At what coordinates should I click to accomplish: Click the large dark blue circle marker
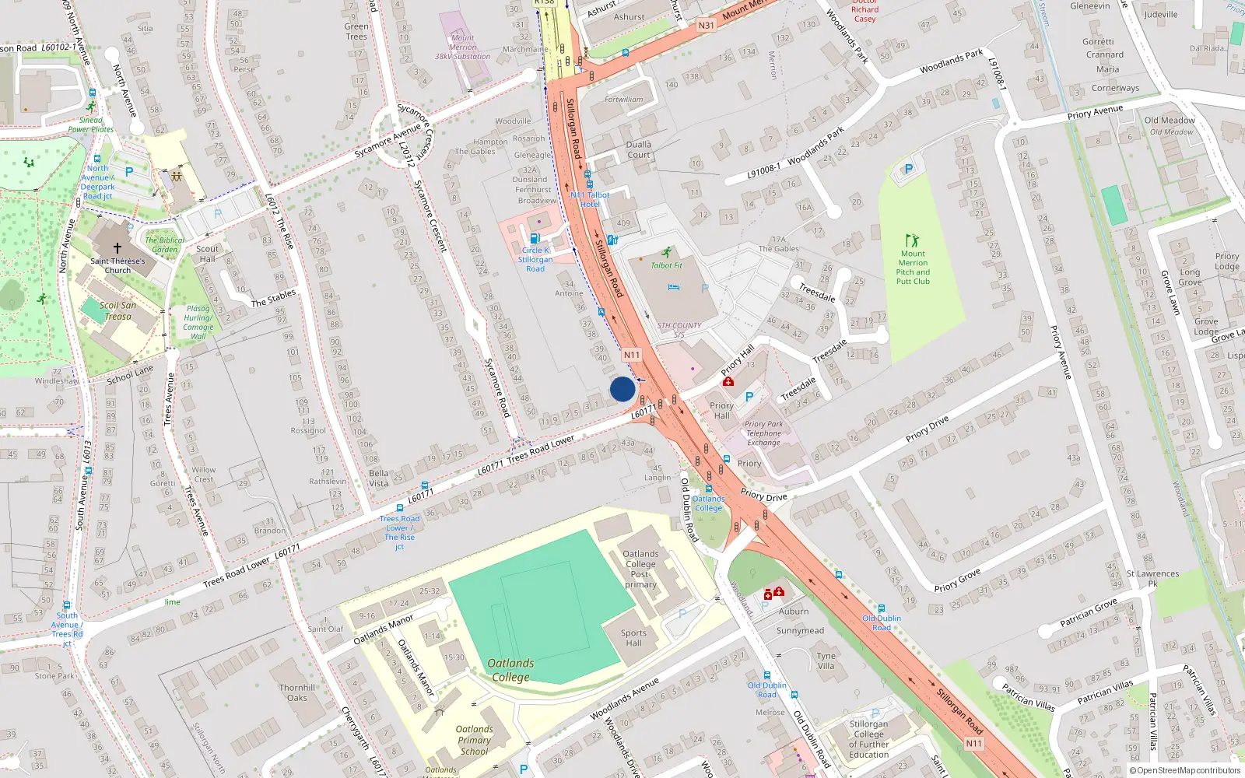pos(622,389)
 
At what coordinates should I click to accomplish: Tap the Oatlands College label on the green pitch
pos(510,670)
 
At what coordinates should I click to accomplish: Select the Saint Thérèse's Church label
pos(117,265)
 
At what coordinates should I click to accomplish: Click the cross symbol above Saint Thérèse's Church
pos(117,248)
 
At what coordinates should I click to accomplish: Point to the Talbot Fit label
pos(667,265)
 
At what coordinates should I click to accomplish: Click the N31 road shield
pos(706,26)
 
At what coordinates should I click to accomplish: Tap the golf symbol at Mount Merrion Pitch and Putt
pos(912,240)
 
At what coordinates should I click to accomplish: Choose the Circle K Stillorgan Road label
pos(535,260)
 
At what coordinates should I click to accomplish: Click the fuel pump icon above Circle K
pos(535,239)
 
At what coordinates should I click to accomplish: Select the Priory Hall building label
pos(721,410)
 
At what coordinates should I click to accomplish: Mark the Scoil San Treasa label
pos(117,310)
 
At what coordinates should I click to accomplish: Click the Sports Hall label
pos(633,638)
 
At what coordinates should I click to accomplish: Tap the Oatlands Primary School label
pos(474,740)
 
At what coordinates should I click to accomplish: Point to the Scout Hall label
pos(208,254)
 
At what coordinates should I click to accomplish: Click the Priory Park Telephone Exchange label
pos(763,433)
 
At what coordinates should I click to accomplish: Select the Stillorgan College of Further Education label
pos(868,739)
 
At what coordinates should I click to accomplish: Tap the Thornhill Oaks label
pos(297,692)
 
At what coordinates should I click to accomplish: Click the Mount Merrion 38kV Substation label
pos(462,47)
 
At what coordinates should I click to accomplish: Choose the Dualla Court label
pos(639,149)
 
